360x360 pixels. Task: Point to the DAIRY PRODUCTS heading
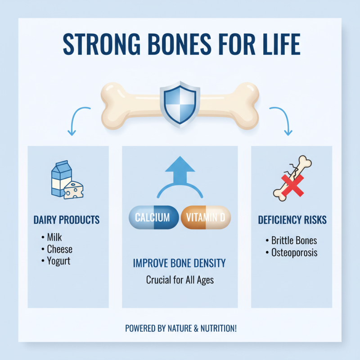pos(67,220)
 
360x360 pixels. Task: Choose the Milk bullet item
pos(55,237)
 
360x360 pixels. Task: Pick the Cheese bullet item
pos(59,249)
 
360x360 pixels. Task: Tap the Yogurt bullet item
pos(58,261)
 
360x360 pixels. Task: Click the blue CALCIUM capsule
pos(153,218)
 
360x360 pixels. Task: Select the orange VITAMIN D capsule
pos(206,218)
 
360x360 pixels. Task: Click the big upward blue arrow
pos(180,171)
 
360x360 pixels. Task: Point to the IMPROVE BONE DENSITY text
pos(180,263)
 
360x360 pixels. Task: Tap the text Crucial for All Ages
pos(180,280)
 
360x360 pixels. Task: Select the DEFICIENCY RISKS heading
pos(292,220)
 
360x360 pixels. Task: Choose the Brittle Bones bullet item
pos(294,240)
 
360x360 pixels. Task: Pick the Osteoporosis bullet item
pos(294,252)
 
